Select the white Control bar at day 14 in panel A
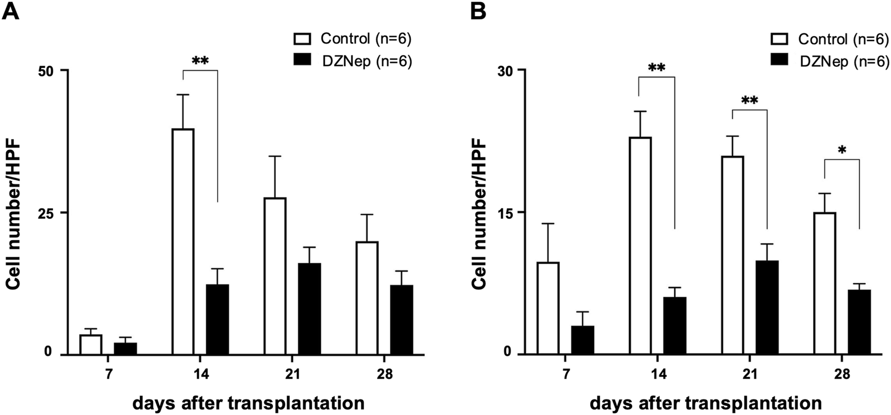click(x=183, y=241)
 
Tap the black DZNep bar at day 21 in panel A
click(x=309, y=309)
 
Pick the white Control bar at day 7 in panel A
click(x=91, y=344)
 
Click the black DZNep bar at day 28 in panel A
click(x=402, y=320)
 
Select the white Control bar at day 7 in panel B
click(x=549, y=308)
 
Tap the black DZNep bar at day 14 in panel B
click(x=675, y=326)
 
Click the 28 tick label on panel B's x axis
click(x=842, y=374)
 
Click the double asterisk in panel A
click(x=200, y=61)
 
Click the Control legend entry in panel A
click(x=353, y=38)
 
